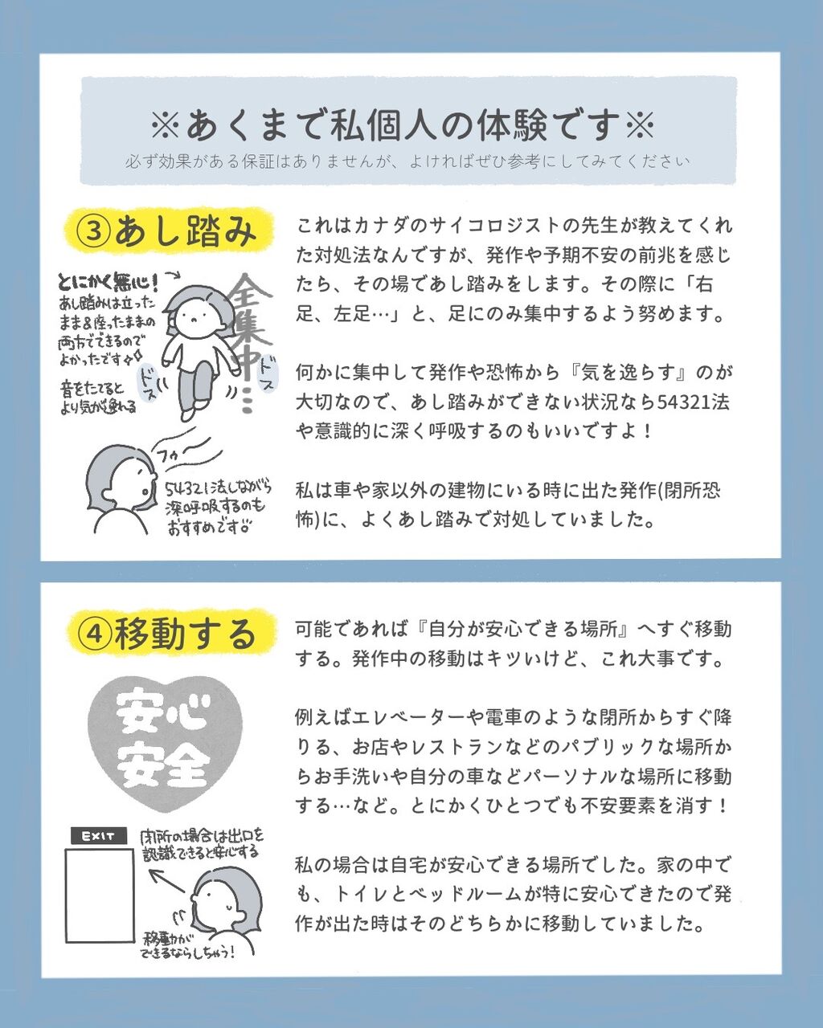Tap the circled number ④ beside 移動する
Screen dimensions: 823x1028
point(96,634)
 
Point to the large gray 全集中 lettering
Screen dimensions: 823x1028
point(251,340)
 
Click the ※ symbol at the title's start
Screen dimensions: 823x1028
point(165,124)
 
